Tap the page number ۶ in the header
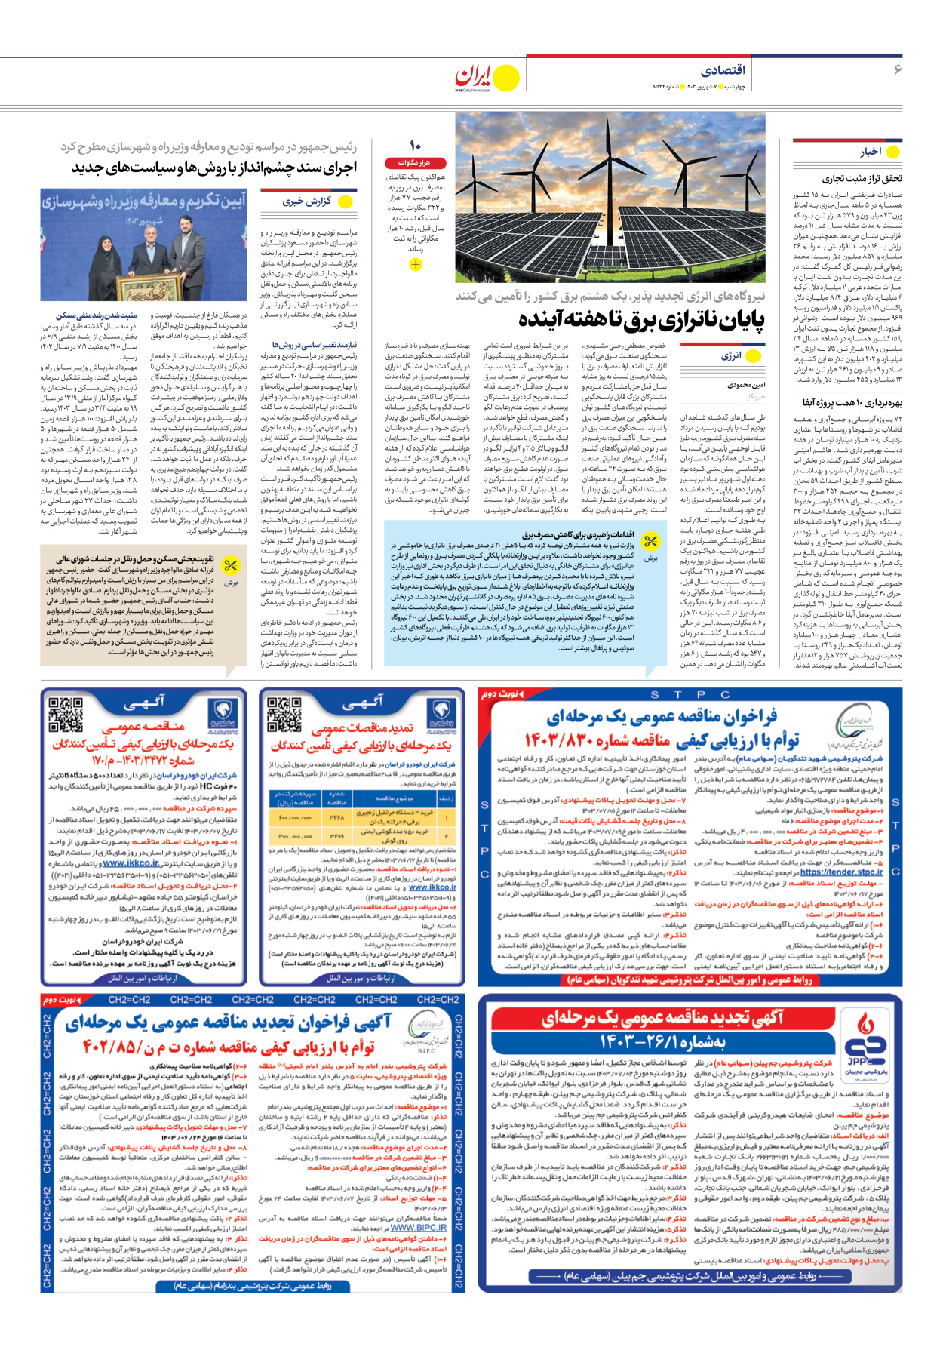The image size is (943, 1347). (897, 70)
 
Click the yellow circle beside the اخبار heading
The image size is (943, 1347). (893, 152)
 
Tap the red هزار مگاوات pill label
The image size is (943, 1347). (414, 162)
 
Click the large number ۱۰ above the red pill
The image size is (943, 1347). (415, 145)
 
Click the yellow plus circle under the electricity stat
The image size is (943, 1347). (415, 264)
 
